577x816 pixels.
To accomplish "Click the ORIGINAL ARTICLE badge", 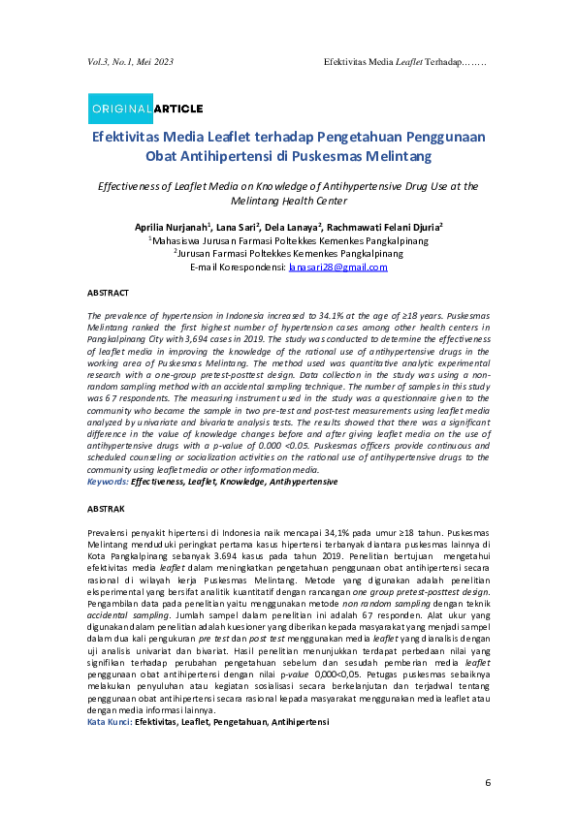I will click(145, 108).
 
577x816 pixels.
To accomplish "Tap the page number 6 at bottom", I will click(489, 782).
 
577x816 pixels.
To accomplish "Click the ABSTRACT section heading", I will click(109, 292).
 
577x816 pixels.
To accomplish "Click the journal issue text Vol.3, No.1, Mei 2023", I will click(130, 62).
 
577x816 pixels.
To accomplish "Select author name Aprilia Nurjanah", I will click(173, 226).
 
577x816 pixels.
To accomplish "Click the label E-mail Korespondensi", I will click(238, 267).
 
